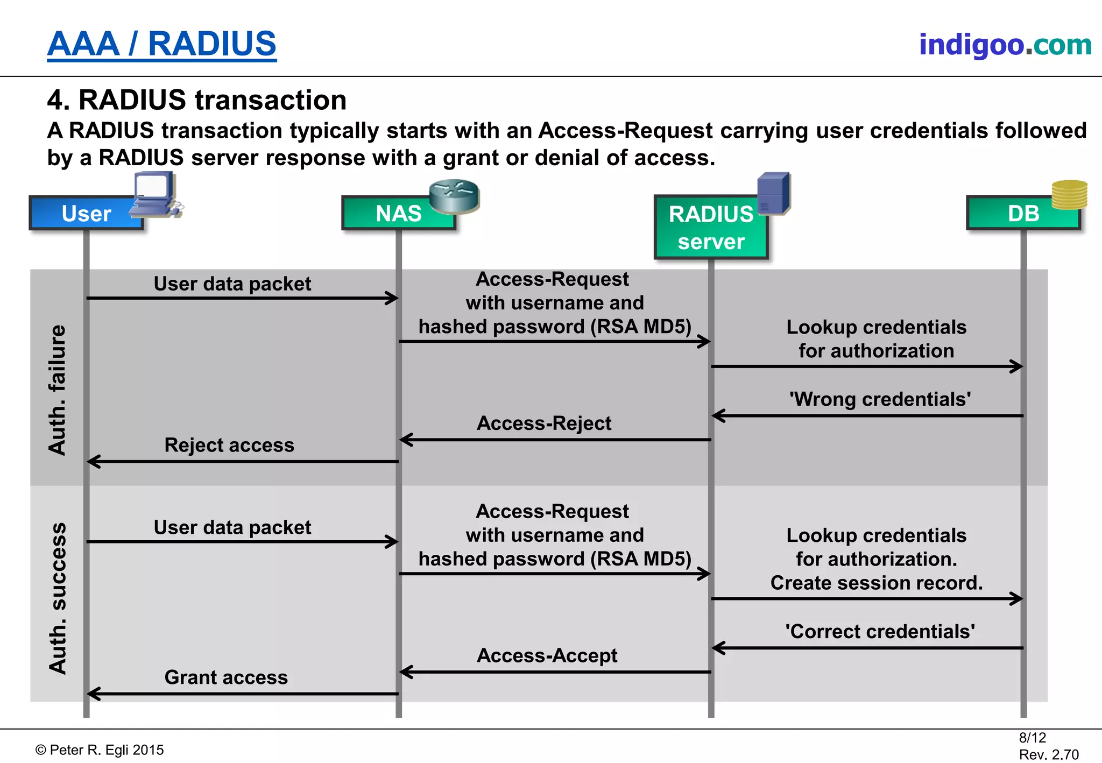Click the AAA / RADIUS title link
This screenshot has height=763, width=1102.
pyautogui.click(x=161, y=44)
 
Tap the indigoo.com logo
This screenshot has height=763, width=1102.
pyautogui.click(x=1005, y=45)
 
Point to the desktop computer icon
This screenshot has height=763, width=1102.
pyautogui.click(x=156, y=194)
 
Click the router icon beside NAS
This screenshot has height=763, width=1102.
pyautogui.click(x=454, y=196)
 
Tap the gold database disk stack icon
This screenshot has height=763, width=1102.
pyautogui.click(x=1069, y=195)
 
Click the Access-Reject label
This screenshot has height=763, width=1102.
pyautogui.click(x=543, y=423)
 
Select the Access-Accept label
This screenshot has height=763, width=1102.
pyautogui.click(x=547, y=655)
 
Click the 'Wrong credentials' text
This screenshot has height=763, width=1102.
pyautogui.click(x=880, y=399)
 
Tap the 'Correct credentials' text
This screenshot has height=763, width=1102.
pyautogui.click(x=880, y=631)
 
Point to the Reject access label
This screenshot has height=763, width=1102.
pyautogui.click(x=229, y=445)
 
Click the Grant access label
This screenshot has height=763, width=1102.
pyautogui.click(x=226, y=677)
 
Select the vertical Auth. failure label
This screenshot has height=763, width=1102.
pyautogui.click(x=57, y=390)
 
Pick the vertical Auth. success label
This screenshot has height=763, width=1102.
pyautogui.click(x=57, y=597)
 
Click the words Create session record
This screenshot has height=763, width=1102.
pyautogui.click(x=876, y=583)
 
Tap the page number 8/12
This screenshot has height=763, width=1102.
pyautogui.click(x=1032, y=737)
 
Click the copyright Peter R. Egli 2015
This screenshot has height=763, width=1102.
pyautogui.click(x=100, y=750)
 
